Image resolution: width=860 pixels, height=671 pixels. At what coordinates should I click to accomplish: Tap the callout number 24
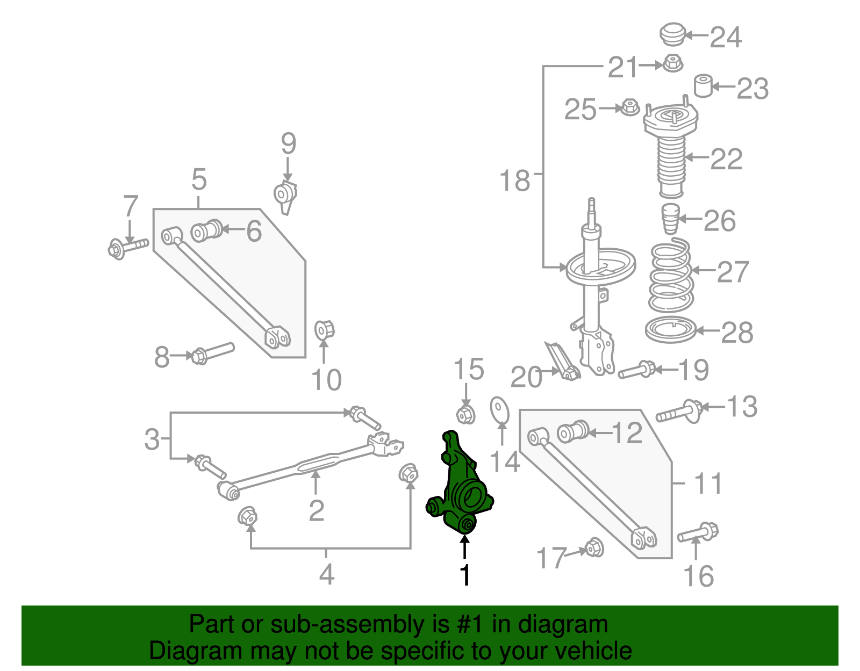726,37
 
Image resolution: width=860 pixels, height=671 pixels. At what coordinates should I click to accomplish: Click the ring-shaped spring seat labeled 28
670,330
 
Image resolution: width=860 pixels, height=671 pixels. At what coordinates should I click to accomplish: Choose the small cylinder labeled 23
703,86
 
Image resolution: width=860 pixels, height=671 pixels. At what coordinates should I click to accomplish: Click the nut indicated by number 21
672,64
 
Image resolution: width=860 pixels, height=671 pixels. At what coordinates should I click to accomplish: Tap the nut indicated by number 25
629,107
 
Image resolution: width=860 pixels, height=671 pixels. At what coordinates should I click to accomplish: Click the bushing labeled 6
206,230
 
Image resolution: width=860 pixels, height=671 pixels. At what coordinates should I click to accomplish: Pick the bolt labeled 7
128,248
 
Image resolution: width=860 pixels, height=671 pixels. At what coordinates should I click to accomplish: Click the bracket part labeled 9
285,196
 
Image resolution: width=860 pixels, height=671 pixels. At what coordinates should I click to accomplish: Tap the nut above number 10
324,329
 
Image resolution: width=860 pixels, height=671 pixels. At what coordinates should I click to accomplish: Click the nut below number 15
465,414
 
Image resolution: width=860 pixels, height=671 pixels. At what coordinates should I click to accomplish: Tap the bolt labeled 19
637,370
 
